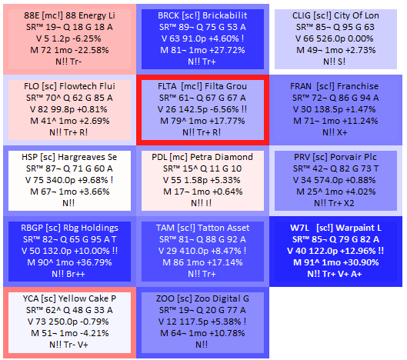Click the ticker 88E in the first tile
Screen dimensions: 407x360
pos(32,15)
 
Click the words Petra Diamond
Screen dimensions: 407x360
pos(222,157)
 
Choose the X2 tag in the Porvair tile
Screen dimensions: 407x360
pos(349,203)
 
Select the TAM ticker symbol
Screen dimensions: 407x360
pos(165,228)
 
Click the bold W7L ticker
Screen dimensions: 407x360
pos(299,228)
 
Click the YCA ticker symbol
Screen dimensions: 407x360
pos(31,298)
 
